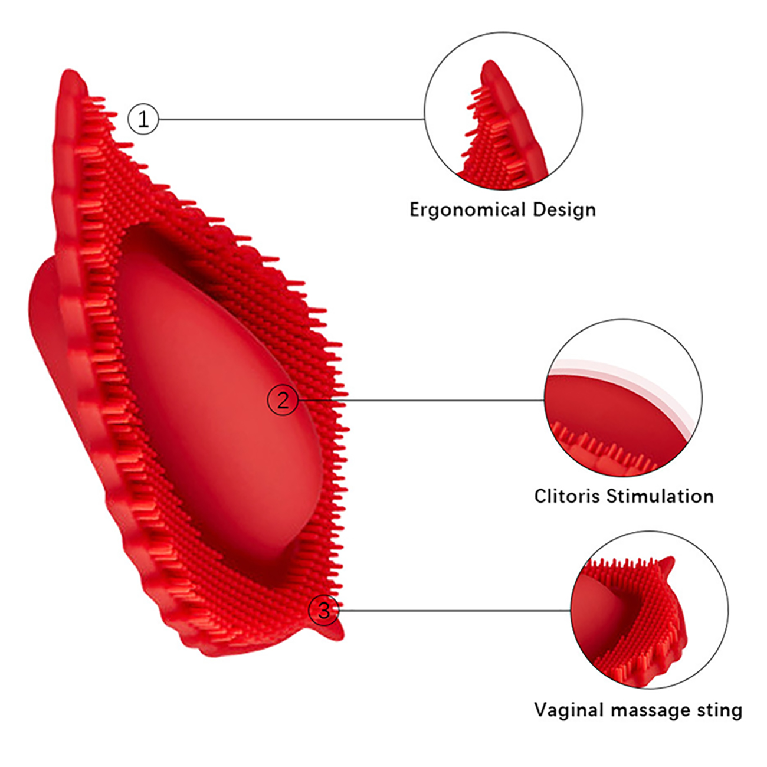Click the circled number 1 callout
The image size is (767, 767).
tap(143, 119)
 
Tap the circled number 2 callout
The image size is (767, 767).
tap(283, 401)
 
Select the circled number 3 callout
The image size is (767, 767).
tap(324, 610)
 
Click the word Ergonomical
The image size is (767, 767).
tap(467, 210)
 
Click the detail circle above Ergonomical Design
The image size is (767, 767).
tap(503, 111)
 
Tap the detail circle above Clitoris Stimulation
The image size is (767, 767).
tap(623, 398)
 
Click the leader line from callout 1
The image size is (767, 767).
tap(292, 119)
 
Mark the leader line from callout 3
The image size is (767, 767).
tap(454, 610)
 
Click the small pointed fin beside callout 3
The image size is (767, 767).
tap(333, 631)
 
